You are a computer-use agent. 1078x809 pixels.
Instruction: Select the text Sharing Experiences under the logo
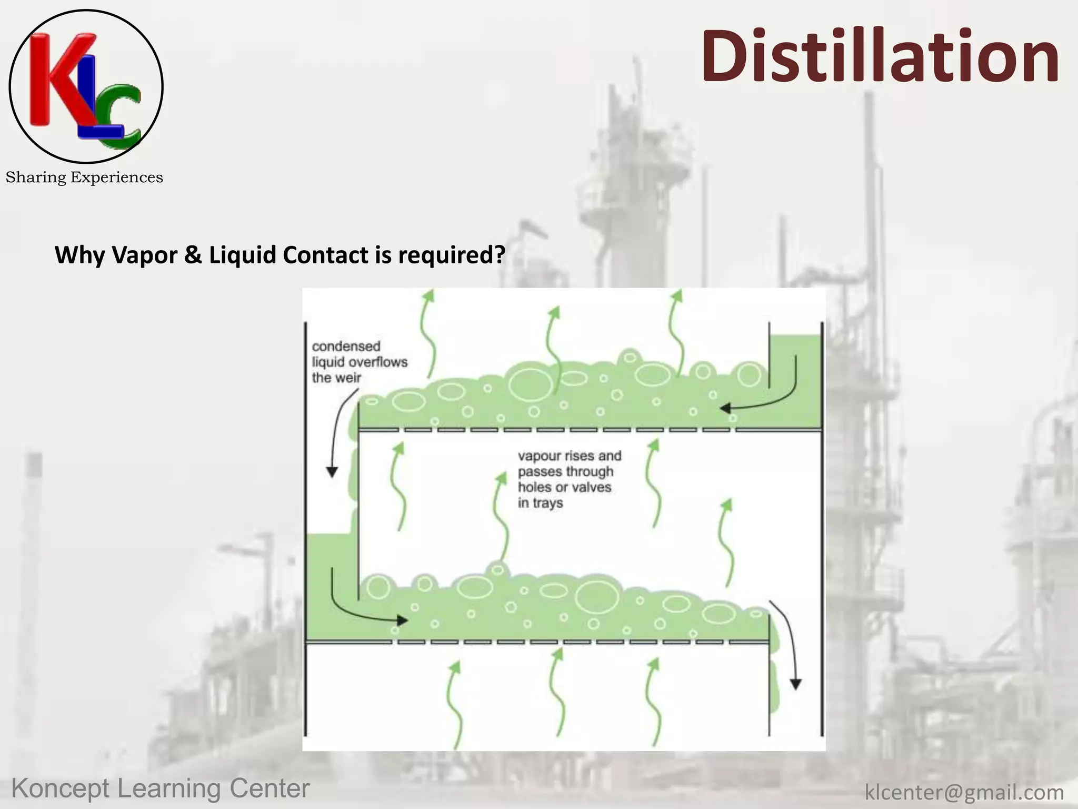tap(84, 177)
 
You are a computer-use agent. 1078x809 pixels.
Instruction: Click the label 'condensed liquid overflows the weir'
tap(360, 362)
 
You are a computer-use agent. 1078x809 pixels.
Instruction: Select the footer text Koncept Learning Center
tap(161, 788)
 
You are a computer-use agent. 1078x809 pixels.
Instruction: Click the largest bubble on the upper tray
tap(531, 383)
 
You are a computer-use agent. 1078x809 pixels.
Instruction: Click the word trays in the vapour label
tap(547, 503)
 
